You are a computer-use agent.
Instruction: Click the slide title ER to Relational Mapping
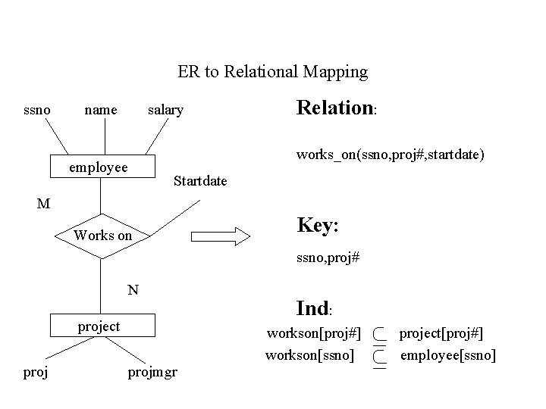tap(272, 72)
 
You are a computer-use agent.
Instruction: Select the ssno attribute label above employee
tap(37, 110)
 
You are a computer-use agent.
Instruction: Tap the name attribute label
tap(100, 110)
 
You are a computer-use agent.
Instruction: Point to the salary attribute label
tap(165, 111)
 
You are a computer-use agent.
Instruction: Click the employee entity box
tap(99, 167)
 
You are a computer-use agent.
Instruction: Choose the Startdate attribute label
tap(200, 181)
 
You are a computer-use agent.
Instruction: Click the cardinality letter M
tap(44, 203)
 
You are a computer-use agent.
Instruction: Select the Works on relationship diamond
tap(102, 236)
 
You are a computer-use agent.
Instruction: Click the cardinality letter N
tap(133, 289)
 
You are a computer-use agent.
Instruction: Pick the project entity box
tap(99, 326)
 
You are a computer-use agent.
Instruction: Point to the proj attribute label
tap(36, 372)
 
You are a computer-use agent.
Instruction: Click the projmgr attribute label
tap(152, 373)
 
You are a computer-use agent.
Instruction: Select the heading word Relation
tap(334, 108)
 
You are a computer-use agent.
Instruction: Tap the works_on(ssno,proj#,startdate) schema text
tap(391, 155)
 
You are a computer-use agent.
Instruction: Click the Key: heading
tap(317, 226)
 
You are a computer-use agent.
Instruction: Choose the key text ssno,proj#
tap(328, 258)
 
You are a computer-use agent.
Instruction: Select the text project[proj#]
tap(441, 333)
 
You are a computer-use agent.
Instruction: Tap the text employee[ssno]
tap(447, 354)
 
